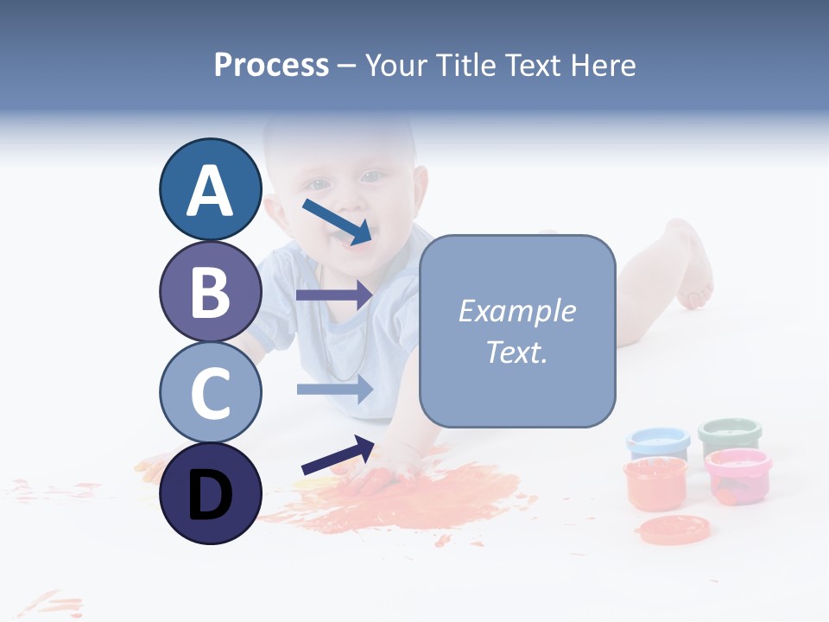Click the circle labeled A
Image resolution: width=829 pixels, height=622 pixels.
coord(210,190)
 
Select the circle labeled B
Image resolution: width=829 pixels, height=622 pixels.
coord(210,291)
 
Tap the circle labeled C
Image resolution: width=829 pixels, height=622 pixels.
coord(210,392)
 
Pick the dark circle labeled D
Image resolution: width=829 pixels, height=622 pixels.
coord(210,493)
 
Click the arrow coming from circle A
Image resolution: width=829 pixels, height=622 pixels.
coord(337,221)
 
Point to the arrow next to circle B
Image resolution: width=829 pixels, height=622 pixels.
coord(334,295)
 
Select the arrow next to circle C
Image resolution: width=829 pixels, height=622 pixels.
coord(334,389)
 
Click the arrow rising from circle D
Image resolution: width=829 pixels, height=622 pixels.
coord(338,455)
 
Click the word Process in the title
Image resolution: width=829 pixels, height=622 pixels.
coord(271,65)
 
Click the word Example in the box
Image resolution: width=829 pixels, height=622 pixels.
coord(516,311)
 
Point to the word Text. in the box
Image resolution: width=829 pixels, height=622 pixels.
coord(516,352)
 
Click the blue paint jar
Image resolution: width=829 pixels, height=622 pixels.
coord(658,443)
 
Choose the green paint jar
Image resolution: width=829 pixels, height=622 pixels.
coord(730,436)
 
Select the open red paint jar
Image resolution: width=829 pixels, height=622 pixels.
coord(655,483)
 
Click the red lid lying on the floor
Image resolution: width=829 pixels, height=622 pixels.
coord(674,527)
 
